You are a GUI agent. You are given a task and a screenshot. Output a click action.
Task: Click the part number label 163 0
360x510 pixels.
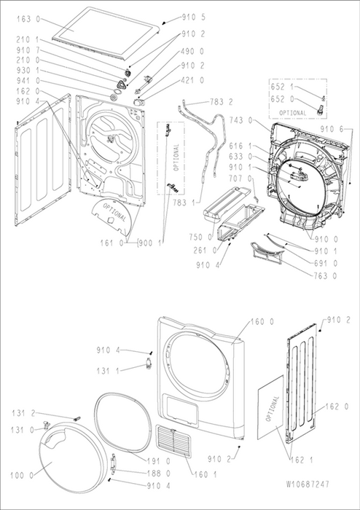click(28, 19)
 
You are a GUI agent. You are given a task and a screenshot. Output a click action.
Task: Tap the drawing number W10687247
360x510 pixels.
click(308, 484)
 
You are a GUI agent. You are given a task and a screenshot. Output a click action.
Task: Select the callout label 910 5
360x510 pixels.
click(194, 17)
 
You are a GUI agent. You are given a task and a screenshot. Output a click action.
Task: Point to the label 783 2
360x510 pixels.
click(221, 102)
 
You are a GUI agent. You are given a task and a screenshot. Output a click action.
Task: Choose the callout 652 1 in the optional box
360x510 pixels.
click(282, 87)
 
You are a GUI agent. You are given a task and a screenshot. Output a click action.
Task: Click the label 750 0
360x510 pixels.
click(200, 237)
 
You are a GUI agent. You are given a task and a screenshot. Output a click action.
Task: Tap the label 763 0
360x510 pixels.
click(326, 276)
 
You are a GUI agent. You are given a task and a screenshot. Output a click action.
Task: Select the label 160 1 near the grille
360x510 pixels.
click(206, 474)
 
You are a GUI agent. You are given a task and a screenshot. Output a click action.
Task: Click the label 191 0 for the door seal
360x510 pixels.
click(159, 461)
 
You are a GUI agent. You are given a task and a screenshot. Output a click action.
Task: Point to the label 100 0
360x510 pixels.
click(22, 476)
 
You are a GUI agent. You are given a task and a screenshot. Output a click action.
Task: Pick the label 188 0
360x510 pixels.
click(159, 474)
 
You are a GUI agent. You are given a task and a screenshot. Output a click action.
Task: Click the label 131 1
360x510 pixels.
click(109, 370)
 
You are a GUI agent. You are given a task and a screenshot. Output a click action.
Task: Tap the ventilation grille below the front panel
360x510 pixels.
click(173, 441)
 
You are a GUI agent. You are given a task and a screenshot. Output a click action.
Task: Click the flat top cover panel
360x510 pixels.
click(106, 33)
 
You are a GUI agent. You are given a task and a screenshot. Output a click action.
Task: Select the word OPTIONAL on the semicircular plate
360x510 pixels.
click(114, 212)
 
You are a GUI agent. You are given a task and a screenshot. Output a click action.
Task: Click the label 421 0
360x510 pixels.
click(192, 80)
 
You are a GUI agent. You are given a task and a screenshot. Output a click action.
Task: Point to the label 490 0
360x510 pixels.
click(192, 52)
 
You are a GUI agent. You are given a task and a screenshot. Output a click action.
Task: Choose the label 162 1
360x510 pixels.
click(301, 460)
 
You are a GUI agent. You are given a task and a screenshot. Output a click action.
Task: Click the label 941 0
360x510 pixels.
click(28, 80)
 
